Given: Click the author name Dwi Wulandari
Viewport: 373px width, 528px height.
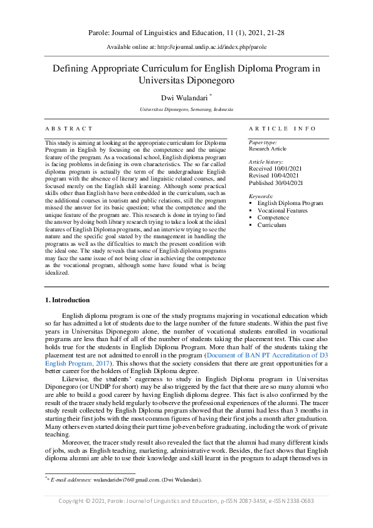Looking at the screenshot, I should (184, 97).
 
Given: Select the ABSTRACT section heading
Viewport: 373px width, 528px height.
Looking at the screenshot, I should (69, 129).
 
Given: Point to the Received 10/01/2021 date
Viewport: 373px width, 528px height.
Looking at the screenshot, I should (275, 169).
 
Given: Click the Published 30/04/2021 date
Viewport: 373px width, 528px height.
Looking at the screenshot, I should (276, 182).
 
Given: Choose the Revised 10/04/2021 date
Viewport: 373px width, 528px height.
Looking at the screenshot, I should (273, 176).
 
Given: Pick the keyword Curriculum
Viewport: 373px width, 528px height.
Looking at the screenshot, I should (272, 224).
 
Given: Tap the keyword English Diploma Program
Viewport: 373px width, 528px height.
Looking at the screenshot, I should (290, 203).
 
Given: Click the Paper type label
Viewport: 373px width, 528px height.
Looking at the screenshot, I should (263, 143).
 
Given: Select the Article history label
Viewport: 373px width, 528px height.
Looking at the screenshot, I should (266, 162).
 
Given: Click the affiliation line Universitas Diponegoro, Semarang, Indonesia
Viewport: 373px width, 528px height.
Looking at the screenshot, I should (186, 110).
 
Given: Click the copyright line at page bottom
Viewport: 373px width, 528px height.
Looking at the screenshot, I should (186, 501).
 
